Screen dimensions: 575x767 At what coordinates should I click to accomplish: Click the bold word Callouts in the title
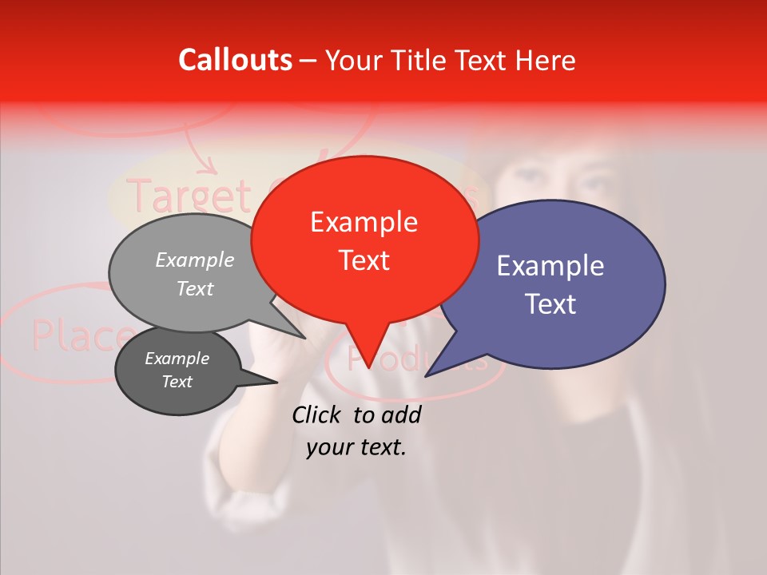[x=235, y=60]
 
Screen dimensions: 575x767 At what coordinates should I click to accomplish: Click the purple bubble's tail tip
[x=427, y=375]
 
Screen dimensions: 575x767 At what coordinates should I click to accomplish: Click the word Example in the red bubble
[x=364, y=222]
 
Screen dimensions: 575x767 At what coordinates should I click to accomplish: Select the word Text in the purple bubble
[x=550, y=304]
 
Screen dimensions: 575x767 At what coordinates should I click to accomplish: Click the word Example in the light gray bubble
[x=195, y=260]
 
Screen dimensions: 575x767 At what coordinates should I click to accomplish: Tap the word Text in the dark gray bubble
[x=177, y=382]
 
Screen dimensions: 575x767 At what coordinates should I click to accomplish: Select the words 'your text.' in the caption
[x=356, y=447]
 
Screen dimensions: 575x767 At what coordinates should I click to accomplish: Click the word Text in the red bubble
[x=364, y=260]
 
